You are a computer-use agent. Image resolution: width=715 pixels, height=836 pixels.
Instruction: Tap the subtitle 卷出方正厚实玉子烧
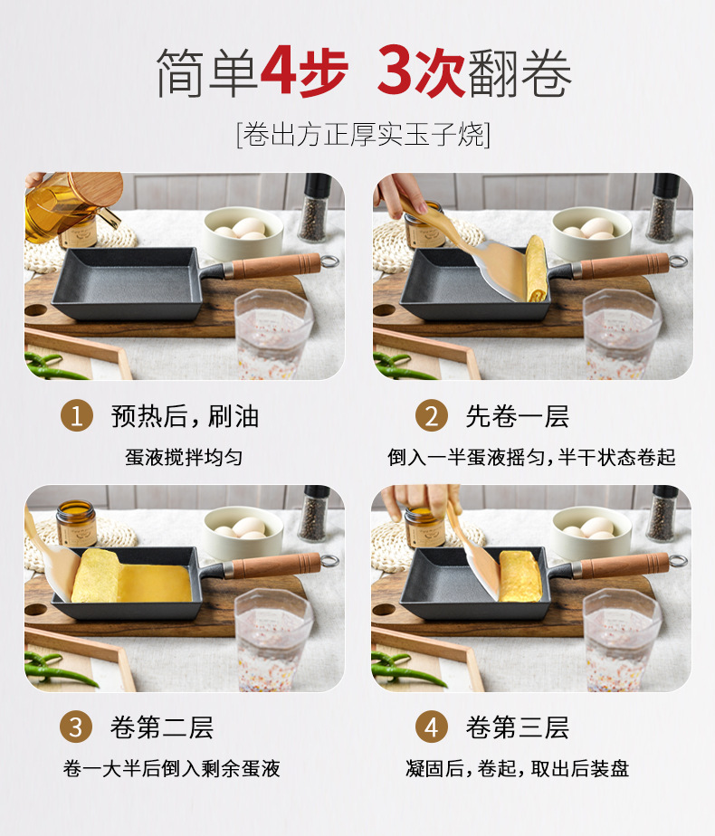pos(363,135)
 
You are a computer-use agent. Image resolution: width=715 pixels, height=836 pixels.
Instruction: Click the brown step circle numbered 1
pos(77,416)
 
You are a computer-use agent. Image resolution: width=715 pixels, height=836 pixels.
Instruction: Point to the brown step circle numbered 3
pos(77,727)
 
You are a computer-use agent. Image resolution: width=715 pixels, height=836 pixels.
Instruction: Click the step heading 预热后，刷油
pos(185,416)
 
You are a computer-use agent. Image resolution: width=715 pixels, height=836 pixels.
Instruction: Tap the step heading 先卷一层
pos(517,416)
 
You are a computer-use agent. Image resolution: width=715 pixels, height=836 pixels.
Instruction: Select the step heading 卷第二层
pos(162,727)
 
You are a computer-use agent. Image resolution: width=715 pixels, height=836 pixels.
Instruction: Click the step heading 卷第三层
pos(517,727)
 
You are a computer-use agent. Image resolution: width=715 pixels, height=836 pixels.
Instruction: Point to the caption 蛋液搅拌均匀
pos(184,457)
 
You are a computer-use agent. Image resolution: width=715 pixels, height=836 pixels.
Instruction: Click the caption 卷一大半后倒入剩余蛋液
pos(172,768)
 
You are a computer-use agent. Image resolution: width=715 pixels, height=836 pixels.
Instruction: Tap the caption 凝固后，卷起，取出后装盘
pos(517,768)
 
